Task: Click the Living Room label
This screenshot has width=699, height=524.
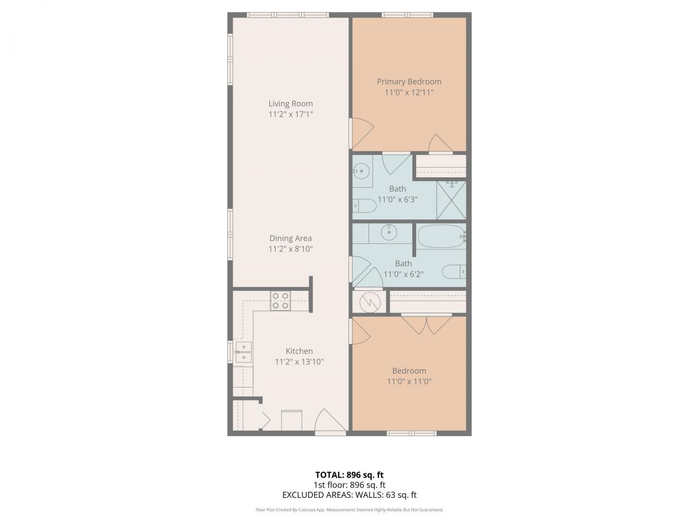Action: coord(291,104)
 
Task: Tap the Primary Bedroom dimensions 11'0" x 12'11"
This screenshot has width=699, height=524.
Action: coord(409,93)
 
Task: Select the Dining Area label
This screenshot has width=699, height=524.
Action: coord(291,239)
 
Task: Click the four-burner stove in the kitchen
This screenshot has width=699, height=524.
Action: coord(281,301)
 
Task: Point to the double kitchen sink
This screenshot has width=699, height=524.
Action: coord(244,353)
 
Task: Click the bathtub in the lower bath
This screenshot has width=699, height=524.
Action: coord(441,236)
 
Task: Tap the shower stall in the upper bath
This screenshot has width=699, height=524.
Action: coord(452,200)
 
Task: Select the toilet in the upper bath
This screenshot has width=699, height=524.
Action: coord(365,206)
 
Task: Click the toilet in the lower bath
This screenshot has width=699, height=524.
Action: coord(454,271)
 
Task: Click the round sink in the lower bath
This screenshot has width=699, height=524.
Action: coord(389,232)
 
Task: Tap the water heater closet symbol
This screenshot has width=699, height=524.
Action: coord(370,301)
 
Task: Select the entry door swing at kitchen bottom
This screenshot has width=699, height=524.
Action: coord(330,421)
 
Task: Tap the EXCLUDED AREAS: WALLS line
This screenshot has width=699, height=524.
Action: coord(349,496)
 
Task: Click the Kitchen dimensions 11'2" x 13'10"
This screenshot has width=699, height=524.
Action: coord(299,362)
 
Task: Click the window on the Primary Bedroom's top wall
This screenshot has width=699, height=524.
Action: coord(407,15)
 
